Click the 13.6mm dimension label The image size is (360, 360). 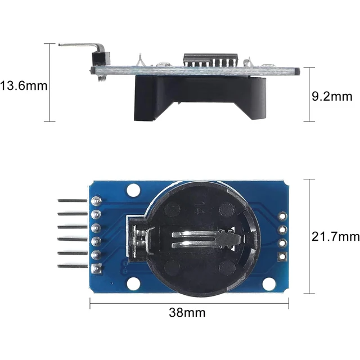click(24, 86)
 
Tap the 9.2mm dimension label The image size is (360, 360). click(331, 96)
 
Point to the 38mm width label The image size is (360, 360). click(187, 312)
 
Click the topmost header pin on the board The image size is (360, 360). click(71, 200)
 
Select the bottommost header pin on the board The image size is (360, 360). click(71, 266)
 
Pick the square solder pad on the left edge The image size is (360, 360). click(97, 269)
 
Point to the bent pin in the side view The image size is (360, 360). click(82, 45)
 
